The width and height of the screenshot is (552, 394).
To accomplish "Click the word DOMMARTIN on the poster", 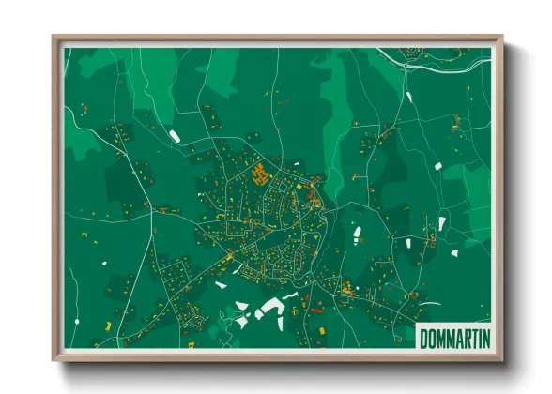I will click(x=454, y=337).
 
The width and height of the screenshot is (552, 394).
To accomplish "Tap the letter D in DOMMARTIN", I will click(x=424, y=337).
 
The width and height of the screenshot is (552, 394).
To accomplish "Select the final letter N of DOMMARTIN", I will click(x=484, y=337).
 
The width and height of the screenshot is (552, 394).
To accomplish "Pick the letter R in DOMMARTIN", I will click(x=462, y=337).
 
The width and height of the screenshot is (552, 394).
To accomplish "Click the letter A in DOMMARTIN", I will click(x=454, y=337).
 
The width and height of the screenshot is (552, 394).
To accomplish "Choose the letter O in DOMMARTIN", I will click(x=432, y=337).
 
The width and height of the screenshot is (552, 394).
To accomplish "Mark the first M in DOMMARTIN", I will click(x=439, y=337).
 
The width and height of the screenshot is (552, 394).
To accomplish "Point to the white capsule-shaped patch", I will click(x=174, y=137).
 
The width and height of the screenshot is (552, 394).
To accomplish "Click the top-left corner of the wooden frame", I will click(x=54, y=38).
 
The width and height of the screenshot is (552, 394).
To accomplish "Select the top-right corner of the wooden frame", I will click(x=502, y=38).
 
